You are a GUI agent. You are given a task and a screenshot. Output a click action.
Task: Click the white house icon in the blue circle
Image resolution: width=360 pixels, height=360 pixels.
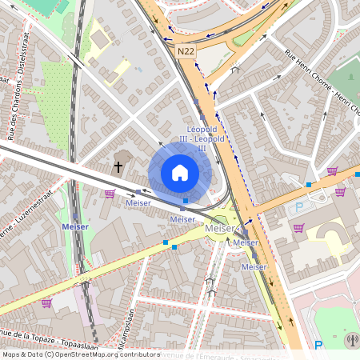[x=180, y=172]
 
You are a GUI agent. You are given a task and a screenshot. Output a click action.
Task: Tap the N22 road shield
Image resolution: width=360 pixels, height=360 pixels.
[x=186, y=51]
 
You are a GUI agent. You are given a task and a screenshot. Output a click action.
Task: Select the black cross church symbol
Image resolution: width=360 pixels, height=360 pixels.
[x=118, y=167]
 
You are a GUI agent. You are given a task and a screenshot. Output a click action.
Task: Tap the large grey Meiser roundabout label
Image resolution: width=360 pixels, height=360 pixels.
[x=221, y=229]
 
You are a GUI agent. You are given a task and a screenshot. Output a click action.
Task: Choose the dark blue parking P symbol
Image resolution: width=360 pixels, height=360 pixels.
[x=318, y=346]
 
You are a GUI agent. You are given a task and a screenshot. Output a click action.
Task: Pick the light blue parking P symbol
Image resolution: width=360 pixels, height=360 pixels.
[x=300, y=206]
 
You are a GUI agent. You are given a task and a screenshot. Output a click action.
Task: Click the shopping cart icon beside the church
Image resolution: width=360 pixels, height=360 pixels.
[x=110, y=193]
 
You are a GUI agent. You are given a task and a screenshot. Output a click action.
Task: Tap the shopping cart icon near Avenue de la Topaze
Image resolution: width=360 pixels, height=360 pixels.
[x=46, y=303]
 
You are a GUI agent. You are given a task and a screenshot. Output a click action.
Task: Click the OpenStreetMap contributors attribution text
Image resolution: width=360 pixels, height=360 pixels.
[x=80, y=354]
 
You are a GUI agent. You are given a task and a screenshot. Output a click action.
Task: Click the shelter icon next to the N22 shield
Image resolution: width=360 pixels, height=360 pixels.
[x=234, y=69]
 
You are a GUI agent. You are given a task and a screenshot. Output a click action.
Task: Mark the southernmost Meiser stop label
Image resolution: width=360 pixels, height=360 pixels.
[x=254, y=266]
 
